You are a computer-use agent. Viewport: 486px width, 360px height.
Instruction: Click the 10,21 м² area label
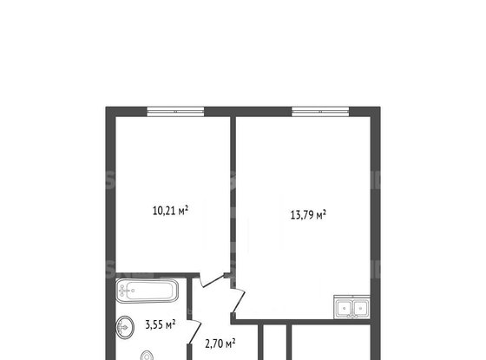(170, 210)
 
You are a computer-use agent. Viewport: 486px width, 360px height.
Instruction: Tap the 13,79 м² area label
(308, 214)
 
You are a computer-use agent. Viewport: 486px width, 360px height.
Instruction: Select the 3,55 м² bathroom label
(161, 324)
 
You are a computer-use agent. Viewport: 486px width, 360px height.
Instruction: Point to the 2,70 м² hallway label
(220, 344)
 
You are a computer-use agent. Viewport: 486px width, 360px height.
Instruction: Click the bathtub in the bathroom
(147, 291)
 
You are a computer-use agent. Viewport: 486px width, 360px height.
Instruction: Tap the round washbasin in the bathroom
(125, 327)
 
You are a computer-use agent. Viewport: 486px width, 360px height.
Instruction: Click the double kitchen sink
(351, 307)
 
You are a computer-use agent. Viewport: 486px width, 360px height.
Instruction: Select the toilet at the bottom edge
(147, 356)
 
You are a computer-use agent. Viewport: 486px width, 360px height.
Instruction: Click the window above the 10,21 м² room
(175, 111)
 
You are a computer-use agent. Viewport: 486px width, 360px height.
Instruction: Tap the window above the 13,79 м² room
(320, 111)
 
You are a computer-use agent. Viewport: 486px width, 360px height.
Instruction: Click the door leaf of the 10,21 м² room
(213, 280)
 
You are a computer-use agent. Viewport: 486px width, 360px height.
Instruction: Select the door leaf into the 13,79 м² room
(239, 300)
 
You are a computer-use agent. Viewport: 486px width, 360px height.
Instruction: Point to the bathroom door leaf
(194, 331)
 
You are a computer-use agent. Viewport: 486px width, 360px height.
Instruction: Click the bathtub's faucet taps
(124, 291)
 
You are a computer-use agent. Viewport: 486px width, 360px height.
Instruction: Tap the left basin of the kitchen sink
(344, 308)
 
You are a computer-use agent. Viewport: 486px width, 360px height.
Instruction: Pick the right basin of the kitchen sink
(360, 308)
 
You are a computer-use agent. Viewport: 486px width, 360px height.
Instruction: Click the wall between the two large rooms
(233, 195)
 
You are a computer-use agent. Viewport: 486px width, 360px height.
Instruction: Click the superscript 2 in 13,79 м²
(325, 212)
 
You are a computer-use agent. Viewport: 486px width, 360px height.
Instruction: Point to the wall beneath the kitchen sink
(302, 322)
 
